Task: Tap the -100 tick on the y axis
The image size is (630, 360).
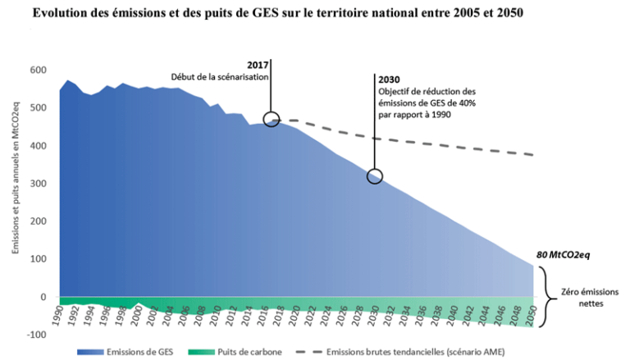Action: pos(34,335)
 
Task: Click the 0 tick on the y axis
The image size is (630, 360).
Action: pos(43,297)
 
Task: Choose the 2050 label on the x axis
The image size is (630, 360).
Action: pos(531,313)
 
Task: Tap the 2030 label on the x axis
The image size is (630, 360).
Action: pos(374,313)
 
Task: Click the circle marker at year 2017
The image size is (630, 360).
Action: pos(272,120)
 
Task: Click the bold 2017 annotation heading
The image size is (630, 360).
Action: pos(258,64)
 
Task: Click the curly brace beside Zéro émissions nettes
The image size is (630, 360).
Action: pos(548,297)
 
